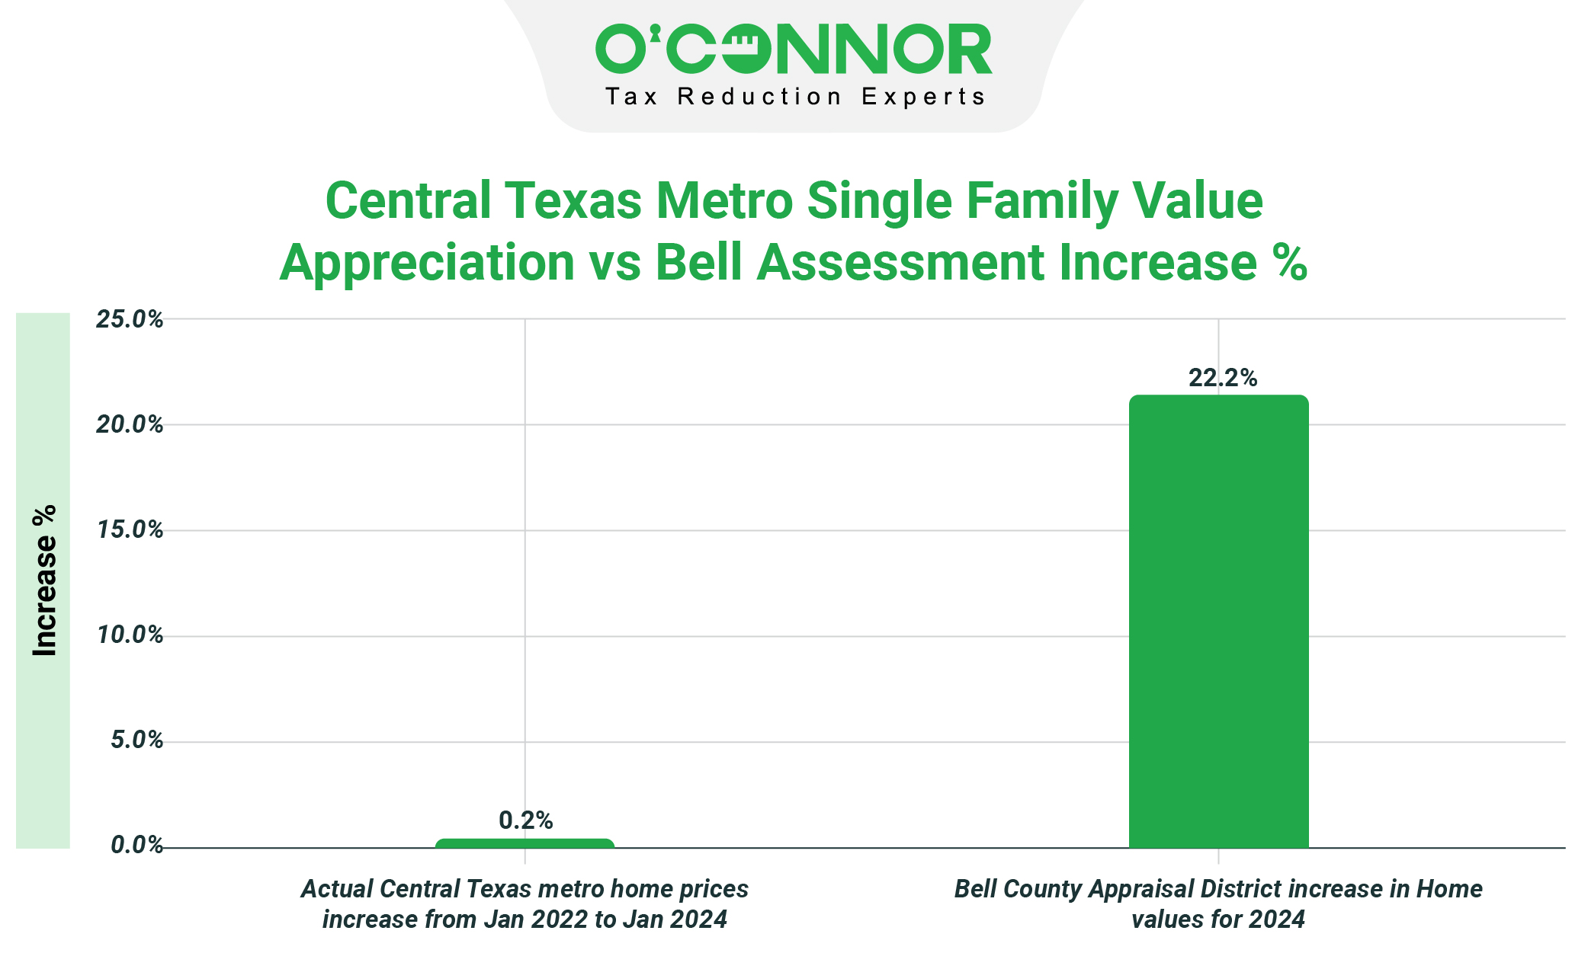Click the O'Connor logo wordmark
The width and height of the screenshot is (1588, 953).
(x=794, y=50)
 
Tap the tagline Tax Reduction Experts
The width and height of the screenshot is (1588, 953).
(x=795, y=98)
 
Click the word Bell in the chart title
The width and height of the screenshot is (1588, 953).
(x=698, y=263)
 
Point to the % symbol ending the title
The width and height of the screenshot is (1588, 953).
(x=1289, y=263)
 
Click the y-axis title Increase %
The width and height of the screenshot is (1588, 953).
(x=45, y=580)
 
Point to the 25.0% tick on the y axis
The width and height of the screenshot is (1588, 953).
(x=130, y=319)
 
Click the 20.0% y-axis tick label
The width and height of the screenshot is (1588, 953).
(x=130, y=424)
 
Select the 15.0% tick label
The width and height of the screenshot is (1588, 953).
(x=130, y=529)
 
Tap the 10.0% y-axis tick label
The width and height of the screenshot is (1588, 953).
(x=130, y=635)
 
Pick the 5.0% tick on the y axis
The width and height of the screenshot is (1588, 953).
(x=136, y=740)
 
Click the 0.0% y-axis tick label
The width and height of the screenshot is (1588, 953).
(x=136, y=845)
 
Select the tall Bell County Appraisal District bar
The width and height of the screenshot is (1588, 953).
(x=1218, y=621)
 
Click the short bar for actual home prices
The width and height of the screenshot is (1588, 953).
(x=525, y=843)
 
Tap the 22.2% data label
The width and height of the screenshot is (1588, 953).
(x=1223, y=378)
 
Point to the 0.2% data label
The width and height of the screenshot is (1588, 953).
(x=525, y=820)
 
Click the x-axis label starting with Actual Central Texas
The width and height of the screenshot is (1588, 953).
(x=525, y=904)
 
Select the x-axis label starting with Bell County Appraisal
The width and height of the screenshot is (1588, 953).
(x=1218, y=904)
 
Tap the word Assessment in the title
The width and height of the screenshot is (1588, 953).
(x=900, y=263)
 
